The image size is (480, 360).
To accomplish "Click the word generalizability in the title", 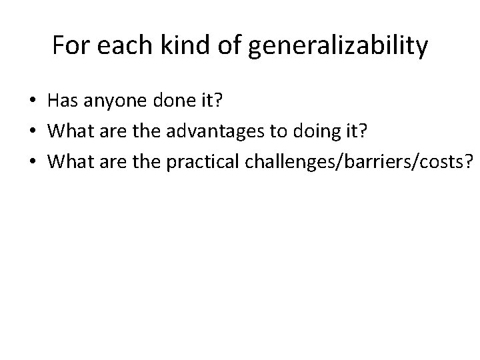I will point(338,47).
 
